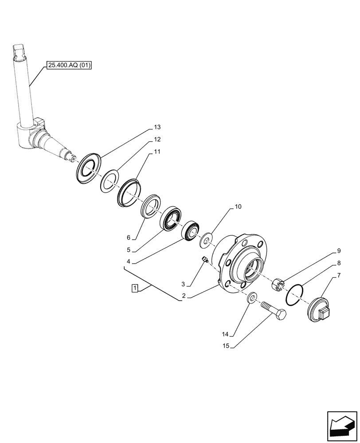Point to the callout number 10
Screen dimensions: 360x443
[238, 206]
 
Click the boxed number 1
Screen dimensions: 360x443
[134, 289]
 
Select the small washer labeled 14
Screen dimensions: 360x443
[251, 298]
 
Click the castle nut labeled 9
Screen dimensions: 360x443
[279, 285]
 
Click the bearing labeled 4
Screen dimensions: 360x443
[192, 230]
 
